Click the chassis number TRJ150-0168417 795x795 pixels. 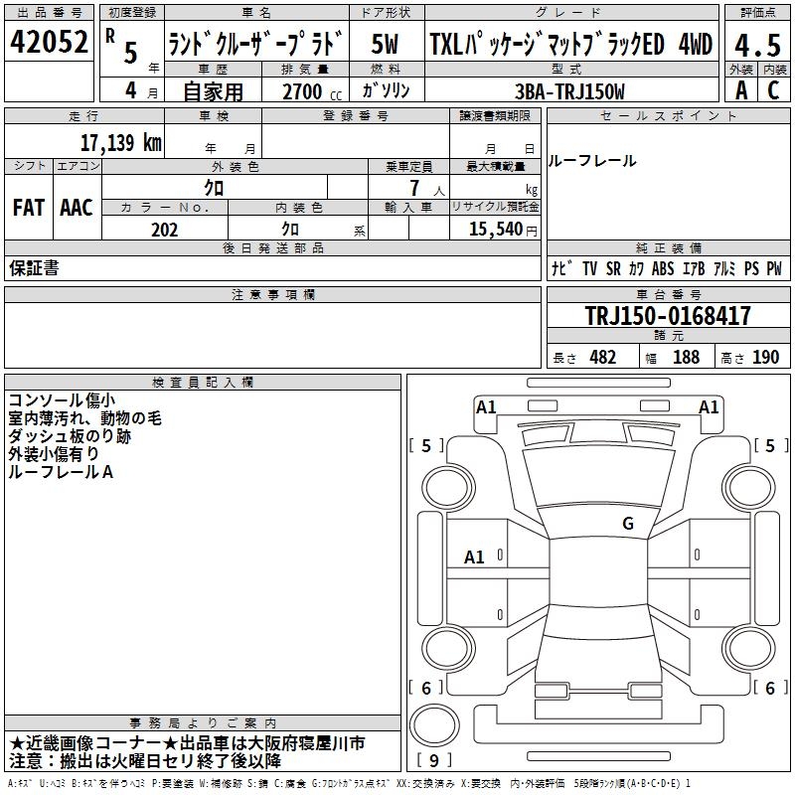(668, 317)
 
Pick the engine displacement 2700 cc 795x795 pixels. (305, 90)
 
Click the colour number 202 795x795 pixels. (164, 230)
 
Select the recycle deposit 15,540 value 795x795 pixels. (495, 230)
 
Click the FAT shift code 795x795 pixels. (28, 207)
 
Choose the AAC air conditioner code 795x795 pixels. (76, 207)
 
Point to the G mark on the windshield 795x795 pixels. (628, 523)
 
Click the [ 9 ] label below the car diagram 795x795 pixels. (433, 761)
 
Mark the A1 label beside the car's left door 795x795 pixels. (475, 557)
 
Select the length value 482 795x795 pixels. (602, 358)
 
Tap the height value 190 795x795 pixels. (765, 358)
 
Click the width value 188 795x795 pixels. (686, 358)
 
